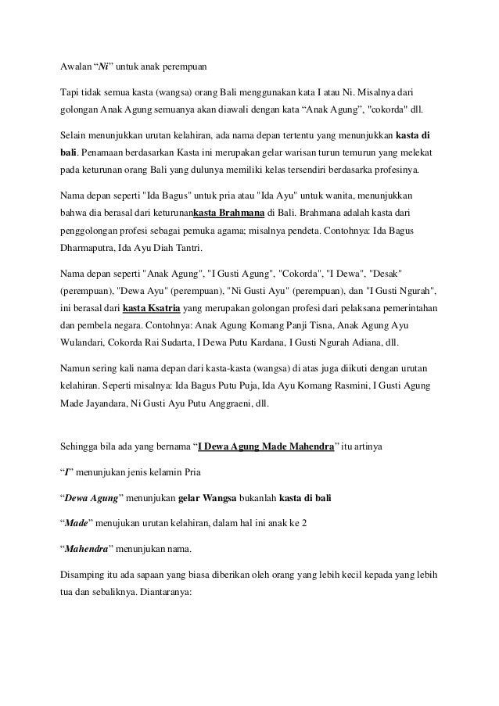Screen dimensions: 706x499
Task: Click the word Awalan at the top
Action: pos(76,65)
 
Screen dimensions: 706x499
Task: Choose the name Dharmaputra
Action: pos(89,247)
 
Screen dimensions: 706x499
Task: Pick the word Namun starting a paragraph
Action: pos(77,369)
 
